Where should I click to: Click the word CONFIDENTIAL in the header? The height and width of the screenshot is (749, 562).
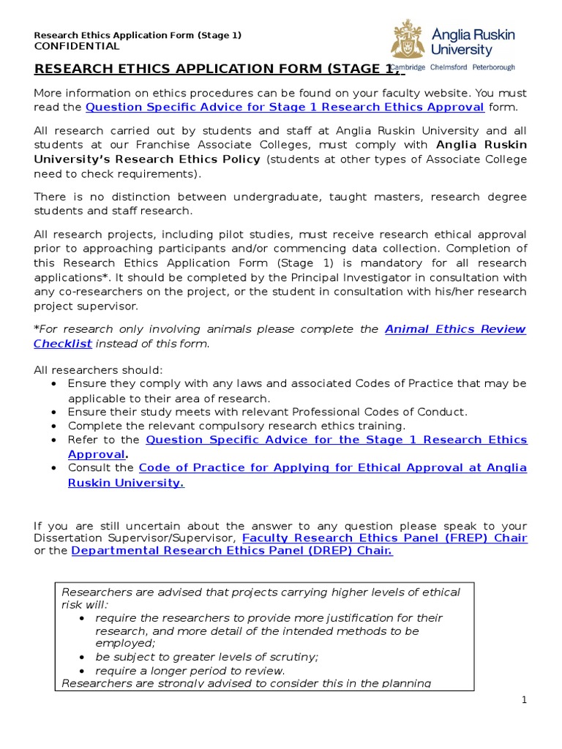coord(77,46)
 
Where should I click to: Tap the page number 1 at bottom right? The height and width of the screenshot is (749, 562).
coord(524,700)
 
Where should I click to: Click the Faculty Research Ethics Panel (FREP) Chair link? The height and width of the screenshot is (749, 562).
coord(384,538)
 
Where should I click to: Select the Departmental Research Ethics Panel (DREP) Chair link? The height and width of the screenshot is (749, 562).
coord(232,551)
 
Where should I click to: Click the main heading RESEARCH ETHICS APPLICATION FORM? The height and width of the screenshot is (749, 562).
coord(217,69)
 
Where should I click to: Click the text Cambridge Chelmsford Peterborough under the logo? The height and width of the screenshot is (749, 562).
coord(453,67)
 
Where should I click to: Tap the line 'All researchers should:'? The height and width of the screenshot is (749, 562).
coord(99,370)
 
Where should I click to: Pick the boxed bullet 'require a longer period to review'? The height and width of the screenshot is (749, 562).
coord(190,671)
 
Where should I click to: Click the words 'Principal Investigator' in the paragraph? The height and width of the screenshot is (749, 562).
coord(304,277)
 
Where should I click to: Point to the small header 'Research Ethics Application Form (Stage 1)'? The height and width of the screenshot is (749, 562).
coord(138,35)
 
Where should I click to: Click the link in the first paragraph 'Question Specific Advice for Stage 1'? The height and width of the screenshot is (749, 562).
coord(285,107)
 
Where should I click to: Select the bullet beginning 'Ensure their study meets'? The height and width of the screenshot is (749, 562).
coord(267,412)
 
